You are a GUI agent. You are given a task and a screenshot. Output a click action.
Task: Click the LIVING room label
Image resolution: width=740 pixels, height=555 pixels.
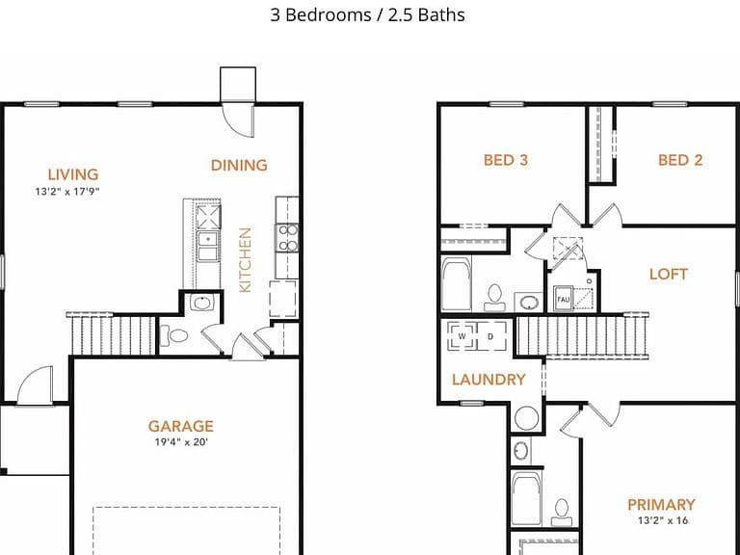73,174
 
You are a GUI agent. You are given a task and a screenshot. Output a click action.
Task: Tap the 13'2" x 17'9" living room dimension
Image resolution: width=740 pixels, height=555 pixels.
67,192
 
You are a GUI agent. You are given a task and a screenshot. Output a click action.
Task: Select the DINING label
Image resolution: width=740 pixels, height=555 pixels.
239,165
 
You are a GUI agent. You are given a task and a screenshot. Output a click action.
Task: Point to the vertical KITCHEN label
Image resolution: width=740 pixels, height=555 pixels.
245,260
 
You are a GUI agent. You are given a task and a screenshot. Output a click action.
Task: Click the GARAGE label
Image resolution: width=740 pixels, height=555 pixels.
181,426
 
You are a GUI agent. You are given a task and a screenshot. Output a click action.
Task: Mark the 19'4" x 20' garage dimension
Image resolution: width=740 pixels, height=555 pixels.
181,442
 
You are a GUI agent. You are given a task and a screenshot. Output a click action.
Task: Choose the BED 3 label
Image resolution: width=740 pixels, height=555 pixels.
506,160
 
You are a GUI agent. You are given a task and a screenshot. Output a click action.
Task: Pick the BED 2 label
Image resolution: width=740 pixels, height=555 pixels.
680,160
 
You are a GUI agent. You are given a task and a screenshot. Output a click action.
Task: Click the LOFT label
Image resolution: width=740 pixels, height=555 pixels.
669,274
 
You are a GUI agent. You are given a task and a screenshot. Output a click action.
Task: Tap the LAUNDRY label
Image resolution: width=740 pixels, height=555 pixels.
489,380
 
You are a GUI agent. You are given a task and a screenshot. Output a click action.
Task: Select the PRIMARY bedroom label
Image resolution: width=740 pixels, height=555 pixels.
661,505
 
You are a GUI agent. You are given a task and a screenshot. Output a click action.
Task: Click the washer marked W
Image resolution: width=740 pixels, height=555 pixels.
462,336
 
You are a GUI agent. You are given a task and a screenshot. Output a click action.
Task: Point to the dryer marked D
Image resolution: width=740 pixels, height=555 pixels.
491,336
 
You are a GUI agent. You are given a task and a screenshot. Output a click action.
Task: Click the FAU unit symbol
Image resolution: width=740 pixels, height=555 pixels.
563,299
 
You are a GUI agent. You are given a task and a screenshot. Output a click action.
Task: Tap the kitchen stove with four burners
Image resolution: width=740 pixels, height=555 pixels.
287,237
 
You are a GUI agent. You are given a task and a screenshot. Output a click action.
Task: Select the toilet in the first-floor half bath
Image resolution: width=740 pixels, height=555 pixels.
173,335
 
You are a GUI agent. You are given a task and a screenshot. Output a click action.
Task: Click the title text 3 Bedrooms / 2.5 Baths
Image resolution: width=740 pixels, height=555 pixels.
367,14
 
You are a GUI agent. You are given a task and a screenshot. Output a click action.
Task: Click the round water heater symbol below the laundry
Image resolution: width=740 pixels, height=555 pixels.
526,417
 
